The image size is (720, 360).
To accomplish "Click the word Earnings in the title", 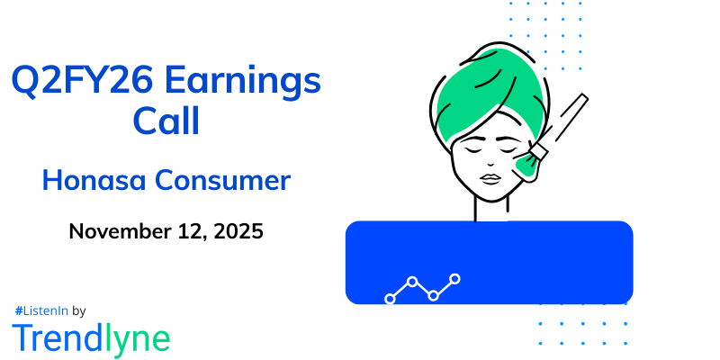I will (248, 84).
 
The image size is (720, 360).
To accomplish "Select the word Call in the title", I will (166, 121).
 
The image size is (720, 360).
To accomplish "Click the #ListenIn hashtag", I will (40, 310).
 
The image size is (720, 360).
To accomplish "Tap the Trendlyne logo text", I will (91, 337).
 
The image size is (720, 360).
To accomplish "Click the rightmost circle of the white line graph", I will (455, 279).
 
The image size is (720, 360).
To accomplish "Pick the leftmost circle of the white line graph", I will (390, 298).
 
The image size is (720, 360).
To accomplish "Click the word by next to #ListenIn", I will (78, 310).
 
